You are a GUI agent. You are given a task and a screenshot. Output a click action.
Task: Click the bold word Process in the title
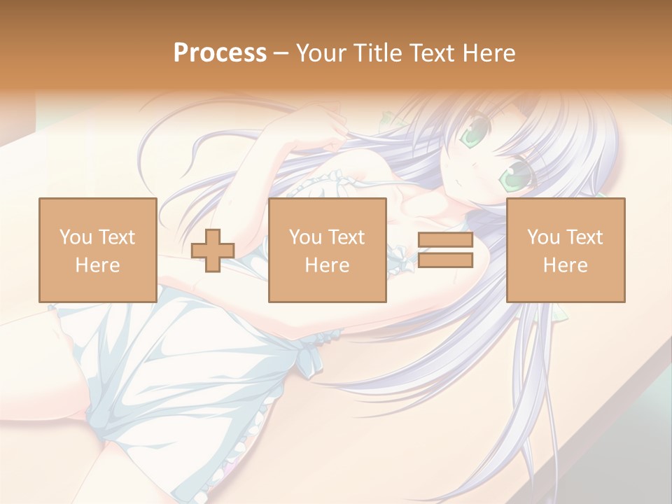(220, 53)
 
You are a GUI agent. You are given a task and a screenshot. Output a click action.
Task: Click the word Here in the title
(491, 53)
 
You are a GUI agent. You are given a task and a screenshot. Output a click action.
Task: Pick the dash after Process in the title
(281, 54)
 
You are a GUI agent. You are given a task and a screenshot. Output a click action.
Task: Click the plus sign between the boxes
(213, 251)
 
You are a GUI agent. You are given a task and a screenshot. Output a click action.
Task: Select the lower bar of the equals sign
(446, 260)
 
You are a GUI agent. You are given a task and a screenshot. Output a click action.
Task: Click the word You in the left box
(76, 237)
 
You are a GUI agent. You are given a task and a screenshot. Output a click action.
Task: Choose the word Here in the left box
(97, 265)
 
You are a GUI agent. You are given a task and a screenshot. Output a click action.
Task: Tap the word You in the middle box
(305, 237)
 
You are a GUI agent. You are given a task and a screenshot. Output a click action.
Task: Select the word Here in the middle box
(327, 265)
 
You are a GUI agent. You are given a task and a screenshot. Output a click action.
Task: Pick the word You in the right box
(543, 237)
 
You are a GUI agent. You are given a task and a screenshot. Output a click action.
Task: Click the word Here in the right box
(565, 265)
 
